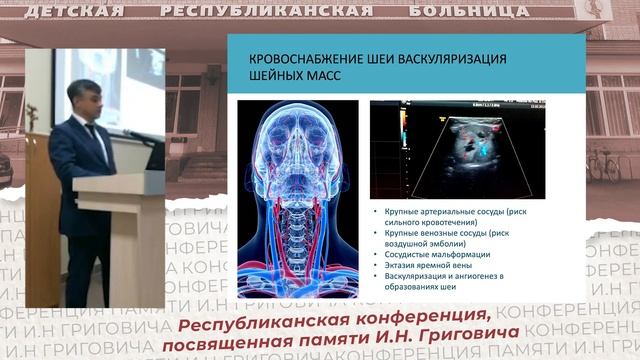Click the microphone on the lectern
tap(139, 135)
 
